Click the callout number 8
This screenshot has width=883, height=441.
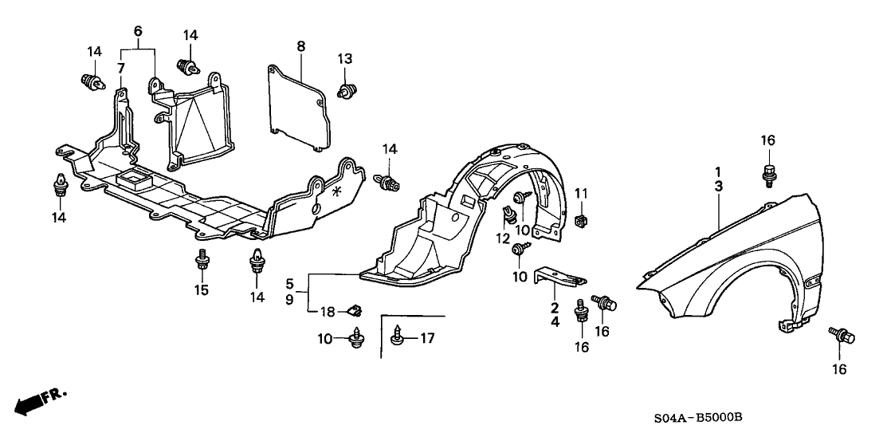(300, 46)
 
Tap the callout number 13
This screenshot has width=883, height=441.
(344, 58)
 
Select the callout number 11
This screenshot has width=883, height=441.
(581, 193)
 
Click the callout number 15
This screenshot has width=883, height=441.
(202, 289)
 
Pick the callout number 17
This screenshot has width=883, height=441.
(427, 339)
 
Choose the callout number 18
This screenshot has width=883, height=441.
(328, 310)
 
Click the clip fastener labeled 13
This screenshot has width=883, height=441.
(347, 90)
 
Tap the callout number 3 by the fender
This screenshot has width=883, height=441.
(718, 185)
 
